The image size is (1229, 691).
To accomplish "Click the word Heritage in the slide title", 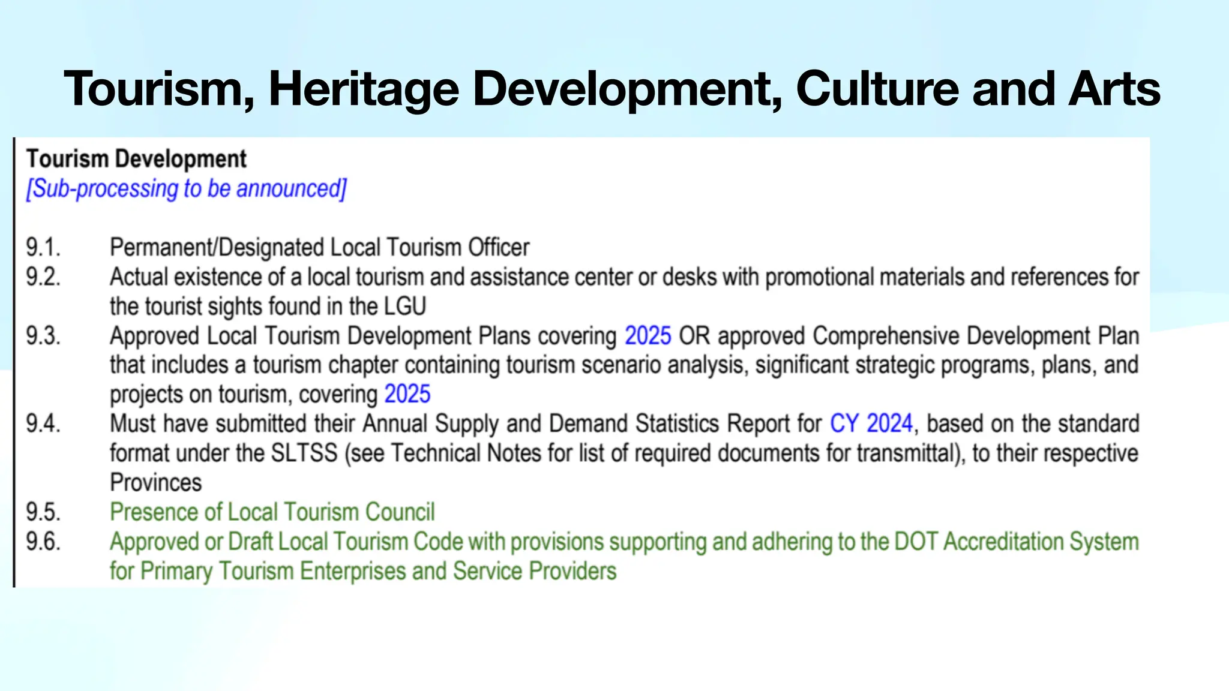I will click(x=364, y=89).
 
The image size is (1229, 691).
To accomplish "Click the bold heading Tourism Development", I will click(x=136, y=159).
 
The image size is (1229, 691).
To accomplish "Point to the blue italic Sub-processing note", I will click(x=186, y=189).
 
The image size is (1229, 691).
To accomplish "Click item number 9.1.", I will click(x=43, y=248).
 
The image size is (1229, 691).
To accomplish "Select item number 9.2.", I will click(x=43, y=277).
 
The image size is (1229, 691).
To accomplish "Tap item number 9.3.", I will click(x=43, y=336).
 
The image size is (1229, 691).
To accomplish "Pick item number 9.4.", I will click(x=43, y=424).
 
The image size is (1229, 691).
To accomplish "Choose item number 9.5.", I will click(x=43, y=512).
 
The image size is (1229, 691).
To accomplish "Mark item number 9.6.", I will click(x=43, y=542).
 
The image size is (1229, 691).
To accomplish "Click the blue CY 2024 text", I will click(x=871, y=424).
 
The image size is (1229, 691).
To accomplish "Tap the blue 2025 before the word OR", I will click(x=648, y=336).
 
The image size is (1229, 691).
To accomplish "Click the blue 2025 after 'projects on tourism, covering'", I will click(x=407, y=395).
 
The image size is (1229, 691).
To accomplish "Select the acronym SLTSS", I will click(x=304, y=453).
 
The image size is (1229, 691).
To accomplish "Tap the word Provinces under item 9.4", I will click(x=156, y=483).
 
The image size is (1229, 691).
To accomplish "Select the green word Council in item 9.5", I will click(x=400, y=512).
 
